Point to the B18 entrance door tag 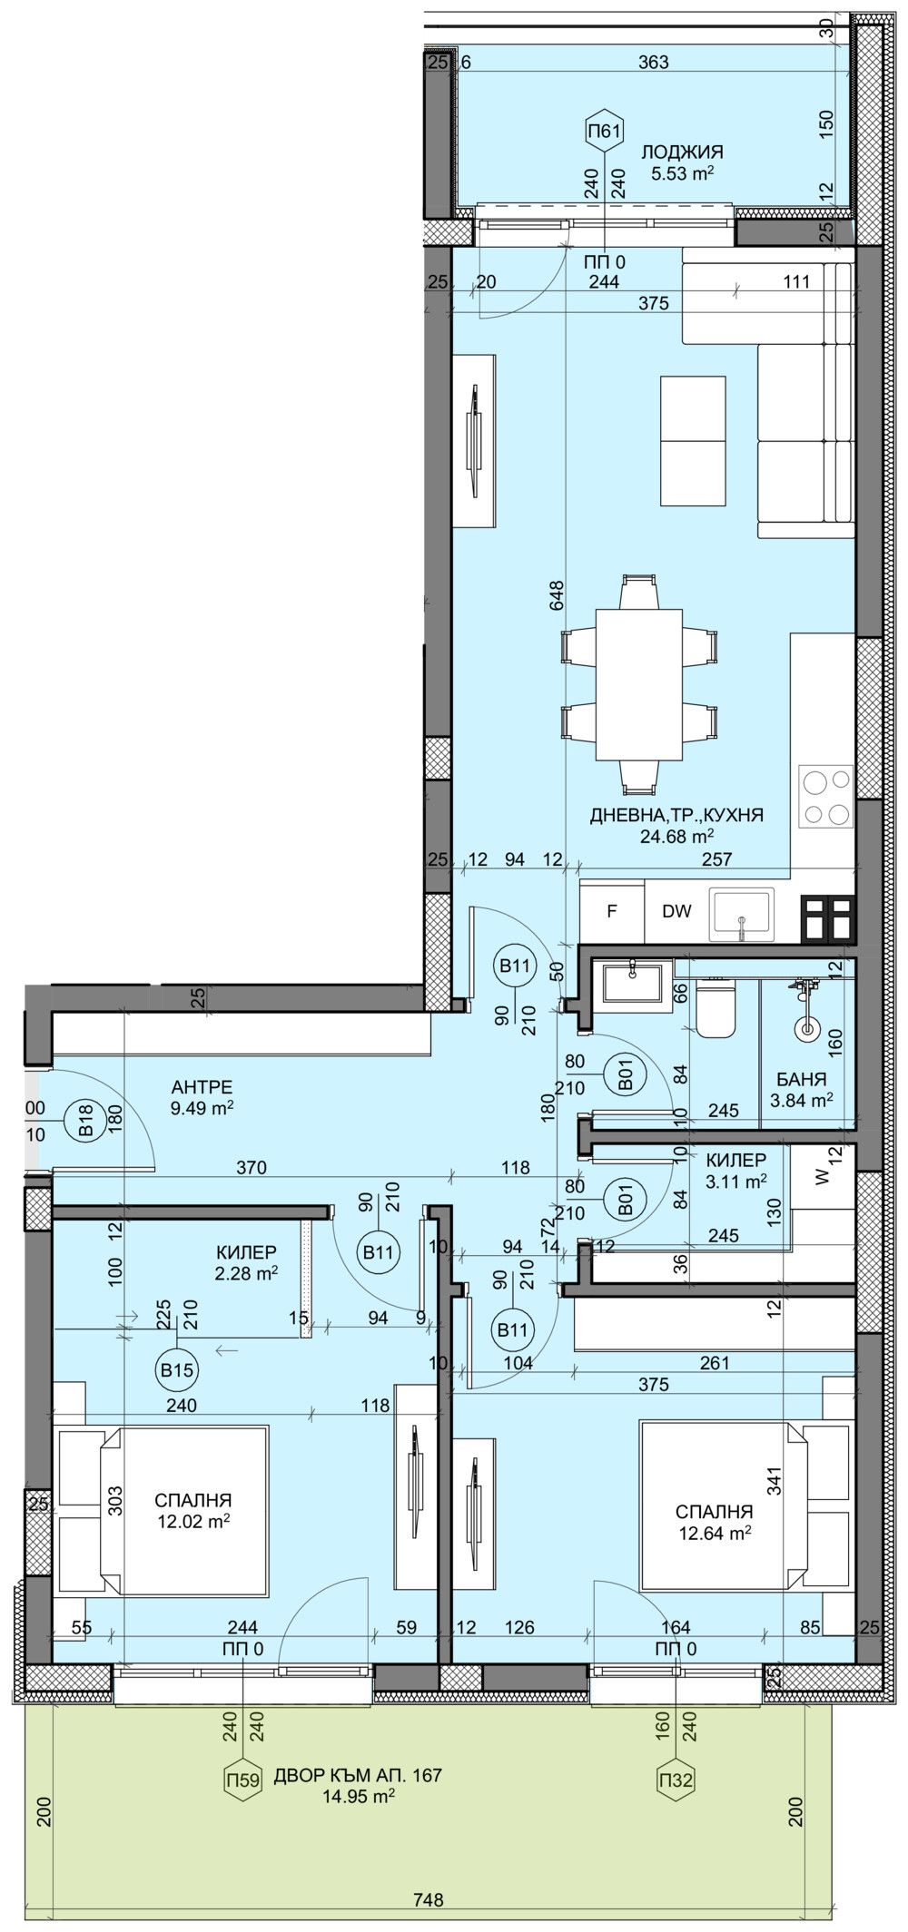[85, 1129]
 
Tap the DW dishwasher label [676, 912]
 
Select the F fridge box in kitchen [612, 912]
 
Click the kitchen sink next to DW [742, 912]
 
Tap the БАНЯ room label [801, 1079]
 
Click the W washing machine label [823, 1179]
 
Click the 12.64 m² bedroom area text [715, 1534]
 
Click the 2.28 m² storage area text [245, 1273]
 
